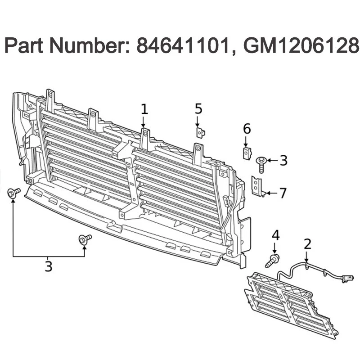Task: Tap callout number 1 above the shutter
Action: (144, 109)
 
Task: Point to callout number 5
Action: (198, 109)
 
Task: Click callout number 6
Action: (247, 129)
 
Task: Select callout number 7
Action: (282, 193)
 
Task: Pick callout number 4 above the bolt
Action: (275, 235)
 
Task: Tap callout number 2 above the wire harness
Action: (307, 244)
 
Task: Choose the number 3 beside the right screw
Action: (283, 160)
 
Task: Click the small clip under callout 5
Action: (200, 132)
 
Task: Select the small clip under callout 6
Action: (247, 152)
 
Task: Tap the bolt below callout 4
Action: (273, 260)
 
